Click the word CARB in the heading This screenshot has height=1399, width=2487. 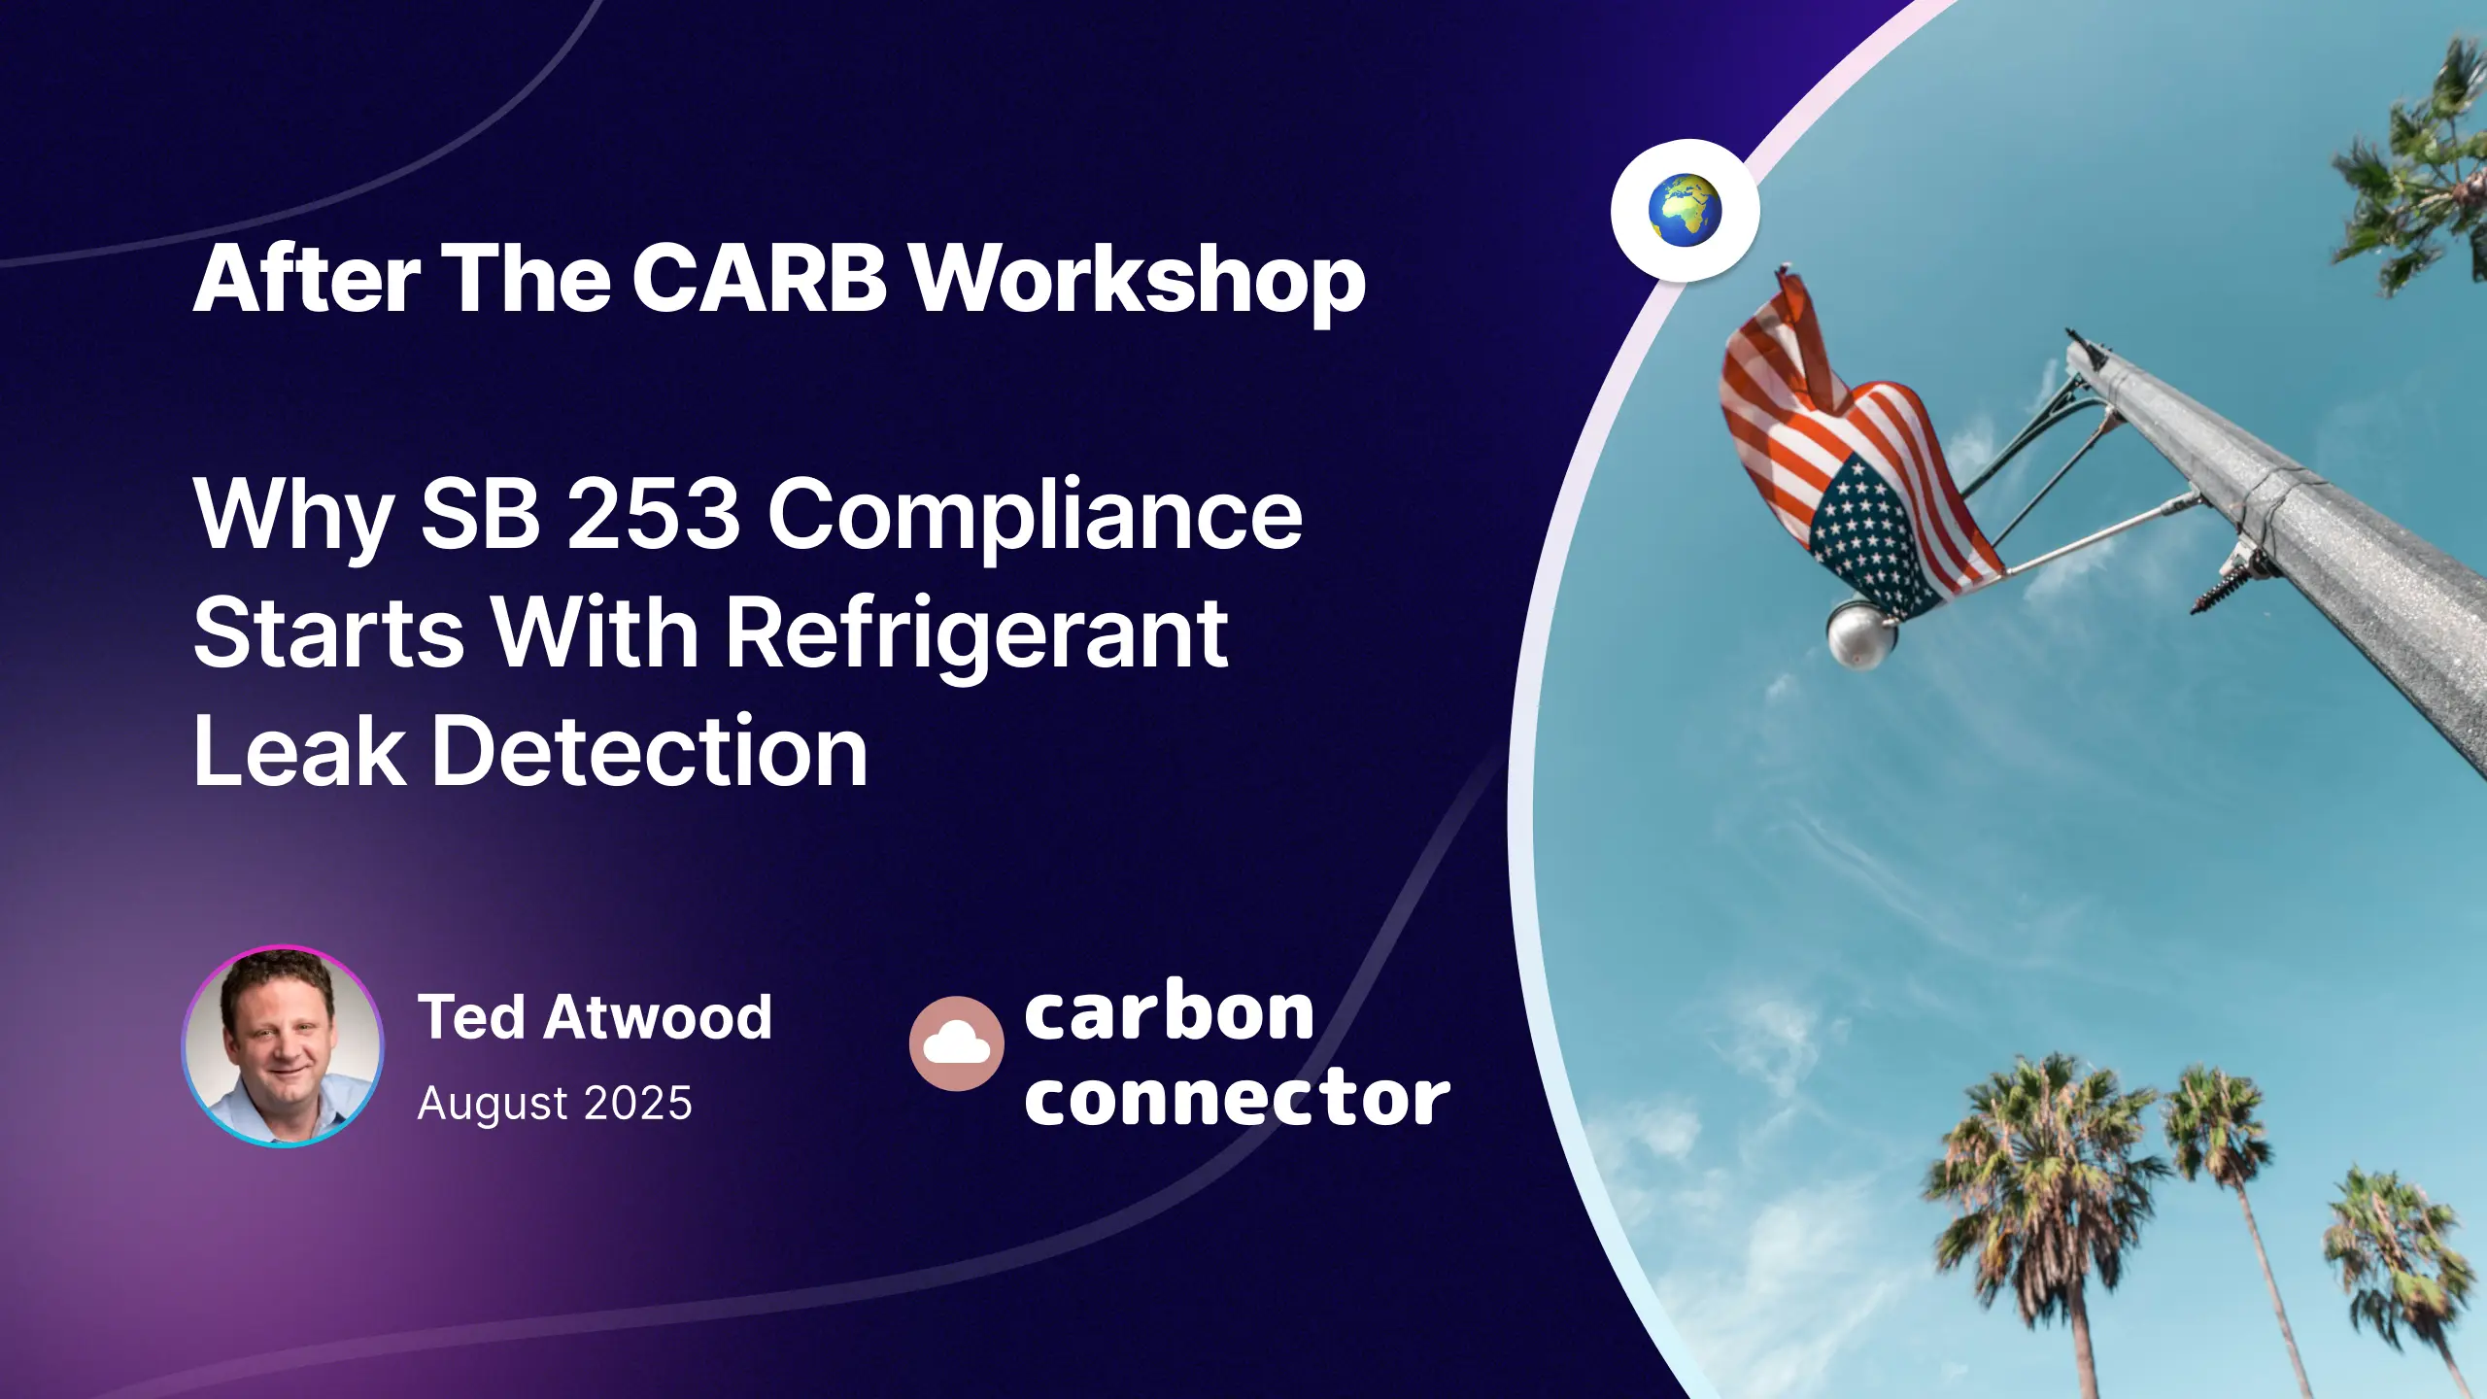click(759, 280)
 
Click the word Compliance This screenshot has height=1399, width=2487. click(1036, 517)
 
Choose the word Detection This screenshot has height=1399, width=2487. click(649, 751)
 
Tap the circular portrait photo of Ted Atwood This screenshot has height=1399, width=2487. click(283, 1046)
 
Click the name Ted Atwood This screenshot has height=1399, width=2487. click(595, 1017)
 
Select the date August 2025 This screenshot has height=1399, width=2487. click(555, 1103)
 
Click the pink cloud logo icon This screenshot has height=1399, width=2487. click(956, 1043)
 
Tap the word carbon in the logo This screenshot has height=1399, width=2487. click(1169, 1013)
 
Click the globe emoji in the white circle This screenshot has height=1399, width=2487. click(1685, 210)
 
